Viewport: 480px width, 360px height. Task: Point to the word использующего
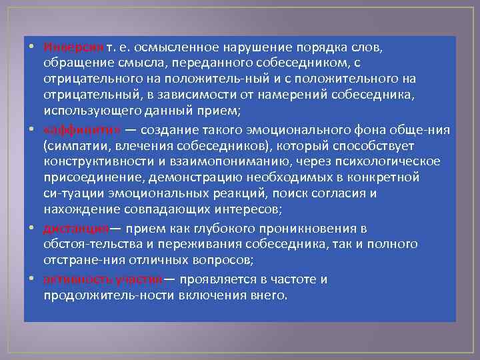[86, 110]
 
